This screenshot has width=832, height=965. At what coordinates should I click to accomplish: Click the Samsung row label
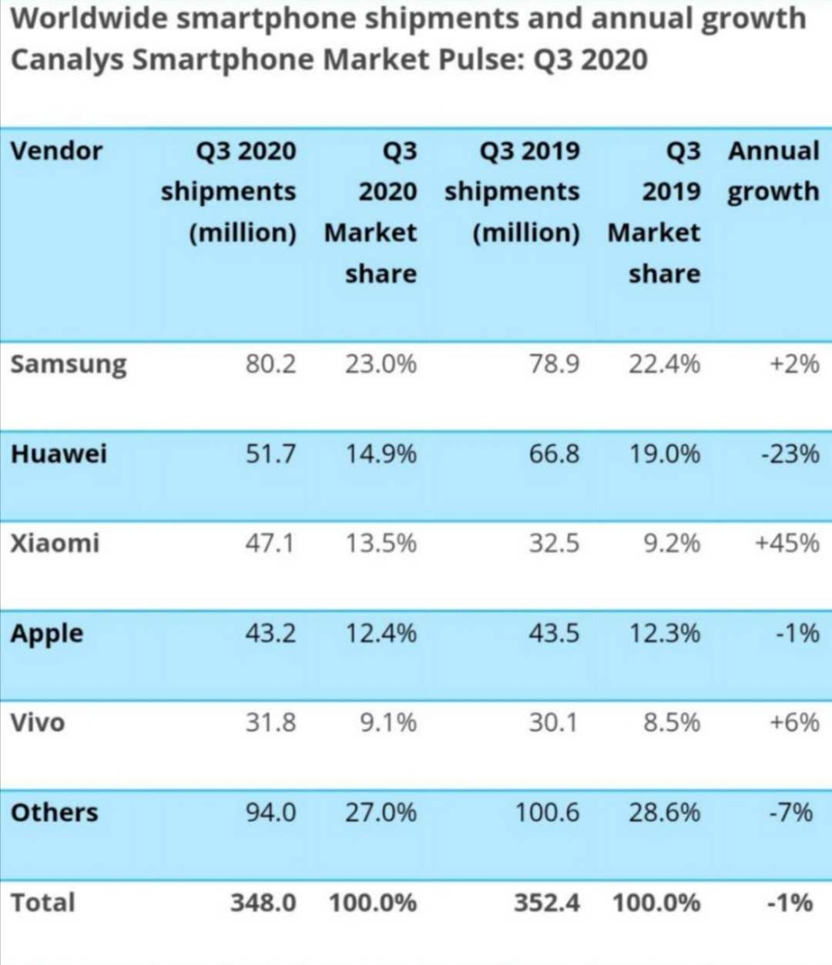click(x=68, y=364)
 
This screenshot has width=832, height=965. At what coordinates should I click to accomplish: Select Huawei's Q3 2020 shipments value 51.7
click(x=270, y=453)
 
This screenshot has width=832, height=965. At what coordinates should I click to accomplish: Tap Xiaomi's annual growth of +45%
click(x=787, y=543)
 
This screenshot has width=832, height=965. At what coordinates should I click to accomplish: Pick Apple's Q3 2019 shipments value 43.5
click(x=554, y=633)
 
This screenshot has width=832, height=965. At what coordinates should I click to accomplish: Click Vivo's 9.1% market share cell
click(x=388, y=722)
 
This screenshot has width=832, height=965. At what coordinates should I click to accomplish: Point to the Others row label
click(x=55, y=813)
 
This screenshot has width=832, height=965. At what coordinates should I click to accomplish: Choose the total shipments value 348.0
click(x=263, y=902)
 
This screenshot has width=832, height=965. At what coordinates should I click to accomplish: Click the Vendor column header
click(x=56, y=150)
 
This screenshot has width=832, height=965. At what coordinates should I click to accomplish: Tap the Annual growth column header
click(x=773, y=171)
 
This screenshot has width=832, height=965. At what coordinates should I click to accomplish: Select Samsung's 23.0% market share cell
click(x=381, y=364)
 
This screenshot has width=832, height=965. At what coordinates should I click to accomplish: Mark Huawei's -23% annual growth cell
click(x=790, y=453)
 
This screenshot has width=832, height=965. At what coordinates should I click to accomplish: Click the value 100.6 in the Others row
click(x=547, y=813)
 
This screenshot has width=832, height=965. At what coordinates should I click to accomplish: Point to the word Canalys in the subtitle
click(x=66, y=60)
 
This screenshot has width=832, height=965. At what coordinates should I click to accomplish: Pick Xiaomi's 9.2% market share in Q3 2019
click(x=672, y=543)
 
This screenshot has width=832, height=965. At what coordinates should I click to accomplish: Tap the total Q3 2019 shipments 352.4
click(x=547, y=902)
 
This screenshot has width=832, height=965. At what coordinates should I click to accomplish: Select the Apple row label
click(x=47, y=634)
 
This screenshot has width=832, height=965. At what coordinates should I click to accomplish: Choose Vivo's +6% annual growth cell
click(x=793, y=722)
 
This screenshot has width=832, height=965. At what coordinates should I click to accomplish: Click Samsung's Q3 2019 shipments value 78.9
click(x=554, y=364)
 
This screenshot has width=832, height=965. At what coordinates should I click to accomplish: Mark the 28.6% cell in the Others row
click(x=664, y=813)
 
